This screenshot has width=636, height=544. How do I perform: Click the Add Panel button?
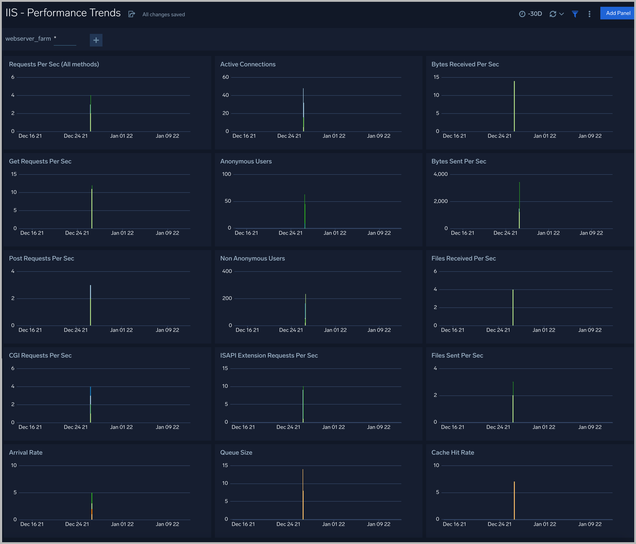click(617, 13)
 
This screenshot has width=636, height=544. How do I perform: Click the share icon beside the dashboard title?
click(132, 14)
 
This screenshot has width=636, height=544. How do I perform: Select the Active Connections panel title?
click(248, 64)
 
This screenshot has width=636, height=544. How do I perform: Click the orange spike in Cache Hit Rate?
click(514, 500)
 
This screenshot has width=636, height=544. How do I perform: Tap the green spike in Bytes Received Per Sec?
click(514, 106)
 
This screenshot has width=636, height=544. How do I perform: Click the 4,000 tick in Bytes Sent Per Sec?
click(441, 174)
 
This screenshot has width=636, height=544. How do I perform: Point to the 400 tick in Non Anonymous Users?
click(227, 271)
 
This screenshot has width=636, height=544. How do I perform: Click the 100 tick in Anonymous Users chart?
click(227, 174)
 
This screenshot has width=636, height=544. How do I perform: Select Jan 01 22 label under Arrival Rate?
click(122, 524)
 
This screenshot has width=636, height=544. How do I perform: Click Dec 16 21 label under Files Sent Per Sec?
click(453, 427)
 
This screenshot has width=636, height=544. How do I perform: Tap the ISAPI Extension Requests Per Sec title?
click(269, 355)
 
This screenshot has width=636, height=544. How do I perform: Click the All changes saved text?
click(164, 14)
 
